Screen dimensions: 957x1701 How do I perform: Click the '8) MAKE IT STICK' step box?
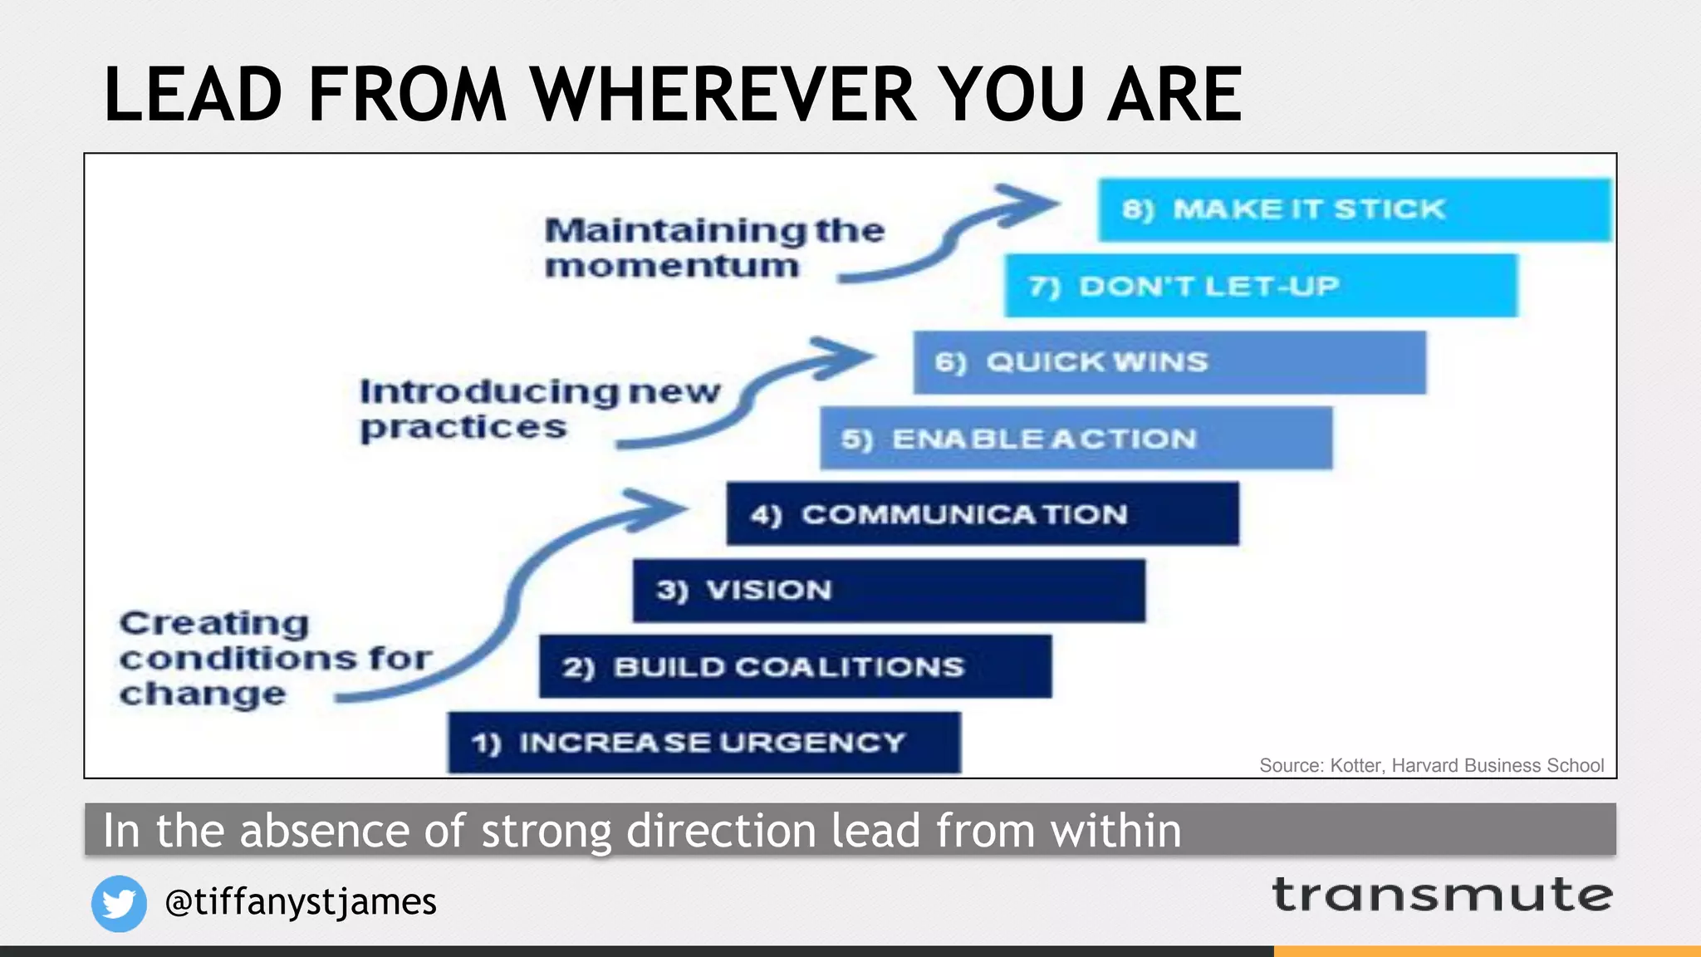1354,209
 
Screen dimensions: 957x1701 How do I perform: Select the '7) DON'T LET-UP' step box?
1261,286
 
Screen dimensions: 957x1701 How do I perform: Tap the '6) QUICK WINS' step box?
1169,362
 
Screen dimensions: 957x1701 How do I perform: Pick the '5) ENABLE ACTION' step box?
1076,438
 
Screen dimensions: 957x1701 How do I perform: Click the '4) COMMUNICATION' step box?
983,514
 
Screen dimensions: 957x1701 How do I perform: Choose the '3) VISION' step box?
889,591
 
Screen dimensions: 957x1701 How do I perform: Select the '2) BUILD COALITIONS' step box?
795,667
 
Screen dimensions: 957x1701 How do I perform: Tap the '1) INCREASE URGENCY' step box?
704,743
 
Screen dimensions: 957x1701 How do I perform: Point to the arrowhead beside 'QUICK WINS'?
843,358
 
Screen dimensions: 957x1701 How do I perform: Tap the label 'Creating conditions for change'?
274,658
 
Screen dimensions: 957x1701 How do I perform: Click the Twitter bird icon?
119,903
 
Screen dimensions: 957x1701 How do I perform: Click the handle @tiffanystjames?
301,901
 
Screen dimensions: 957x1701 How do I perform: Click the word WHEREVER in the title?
723,95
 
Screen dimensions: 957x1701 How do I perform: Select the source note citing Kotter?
1431,765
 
